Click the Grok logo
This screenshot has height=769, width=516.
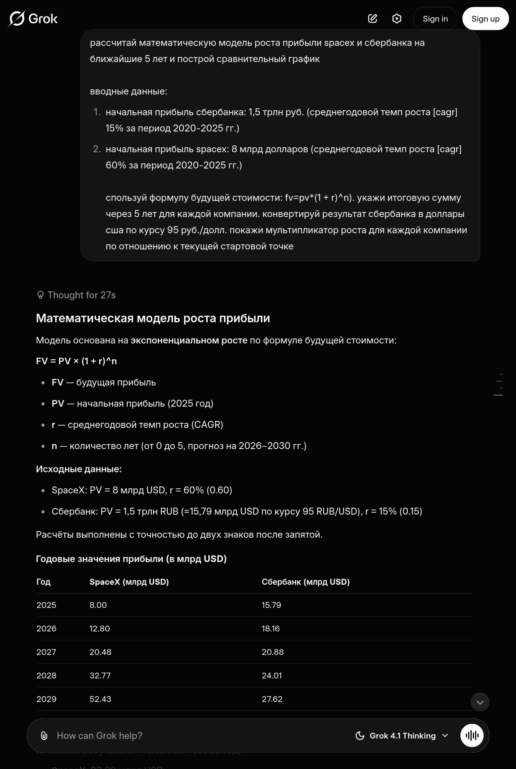coord(33,19)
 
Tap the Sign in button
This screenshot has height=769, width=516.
coord(435,19)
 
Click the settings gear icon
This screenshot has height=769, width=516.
coord(396,19)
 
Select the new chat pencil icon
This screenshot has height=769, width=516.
coord(373,19)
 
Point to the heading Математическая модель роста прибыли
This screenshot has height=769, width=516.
coord(153,318)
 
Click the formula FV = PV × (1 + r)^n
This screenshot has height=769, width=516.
coord(76,361)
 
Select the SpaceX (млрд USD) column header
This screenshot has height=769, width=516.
coord(129,582)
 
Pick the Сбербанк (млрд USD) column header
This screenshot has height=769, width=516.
coord(305,582)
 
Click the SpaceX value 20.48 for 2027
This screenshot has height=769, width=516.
coord(100,652)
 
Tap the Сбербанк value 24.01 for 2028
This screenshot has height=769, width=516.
coord(271,676)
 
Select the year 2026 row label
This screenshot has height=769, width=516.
coord(46,629)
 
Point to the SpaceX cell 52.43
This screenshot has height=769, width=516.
coord(100,699)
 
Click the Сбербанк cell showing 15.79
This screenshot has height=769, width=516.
coord(271,605)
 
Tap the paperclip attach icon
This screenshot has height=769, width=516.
coord(44,736)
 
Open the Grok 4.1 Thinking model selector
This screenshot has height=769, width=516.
coord(402,736)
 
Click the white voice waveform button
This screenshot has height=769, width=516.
coord(472,736)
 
